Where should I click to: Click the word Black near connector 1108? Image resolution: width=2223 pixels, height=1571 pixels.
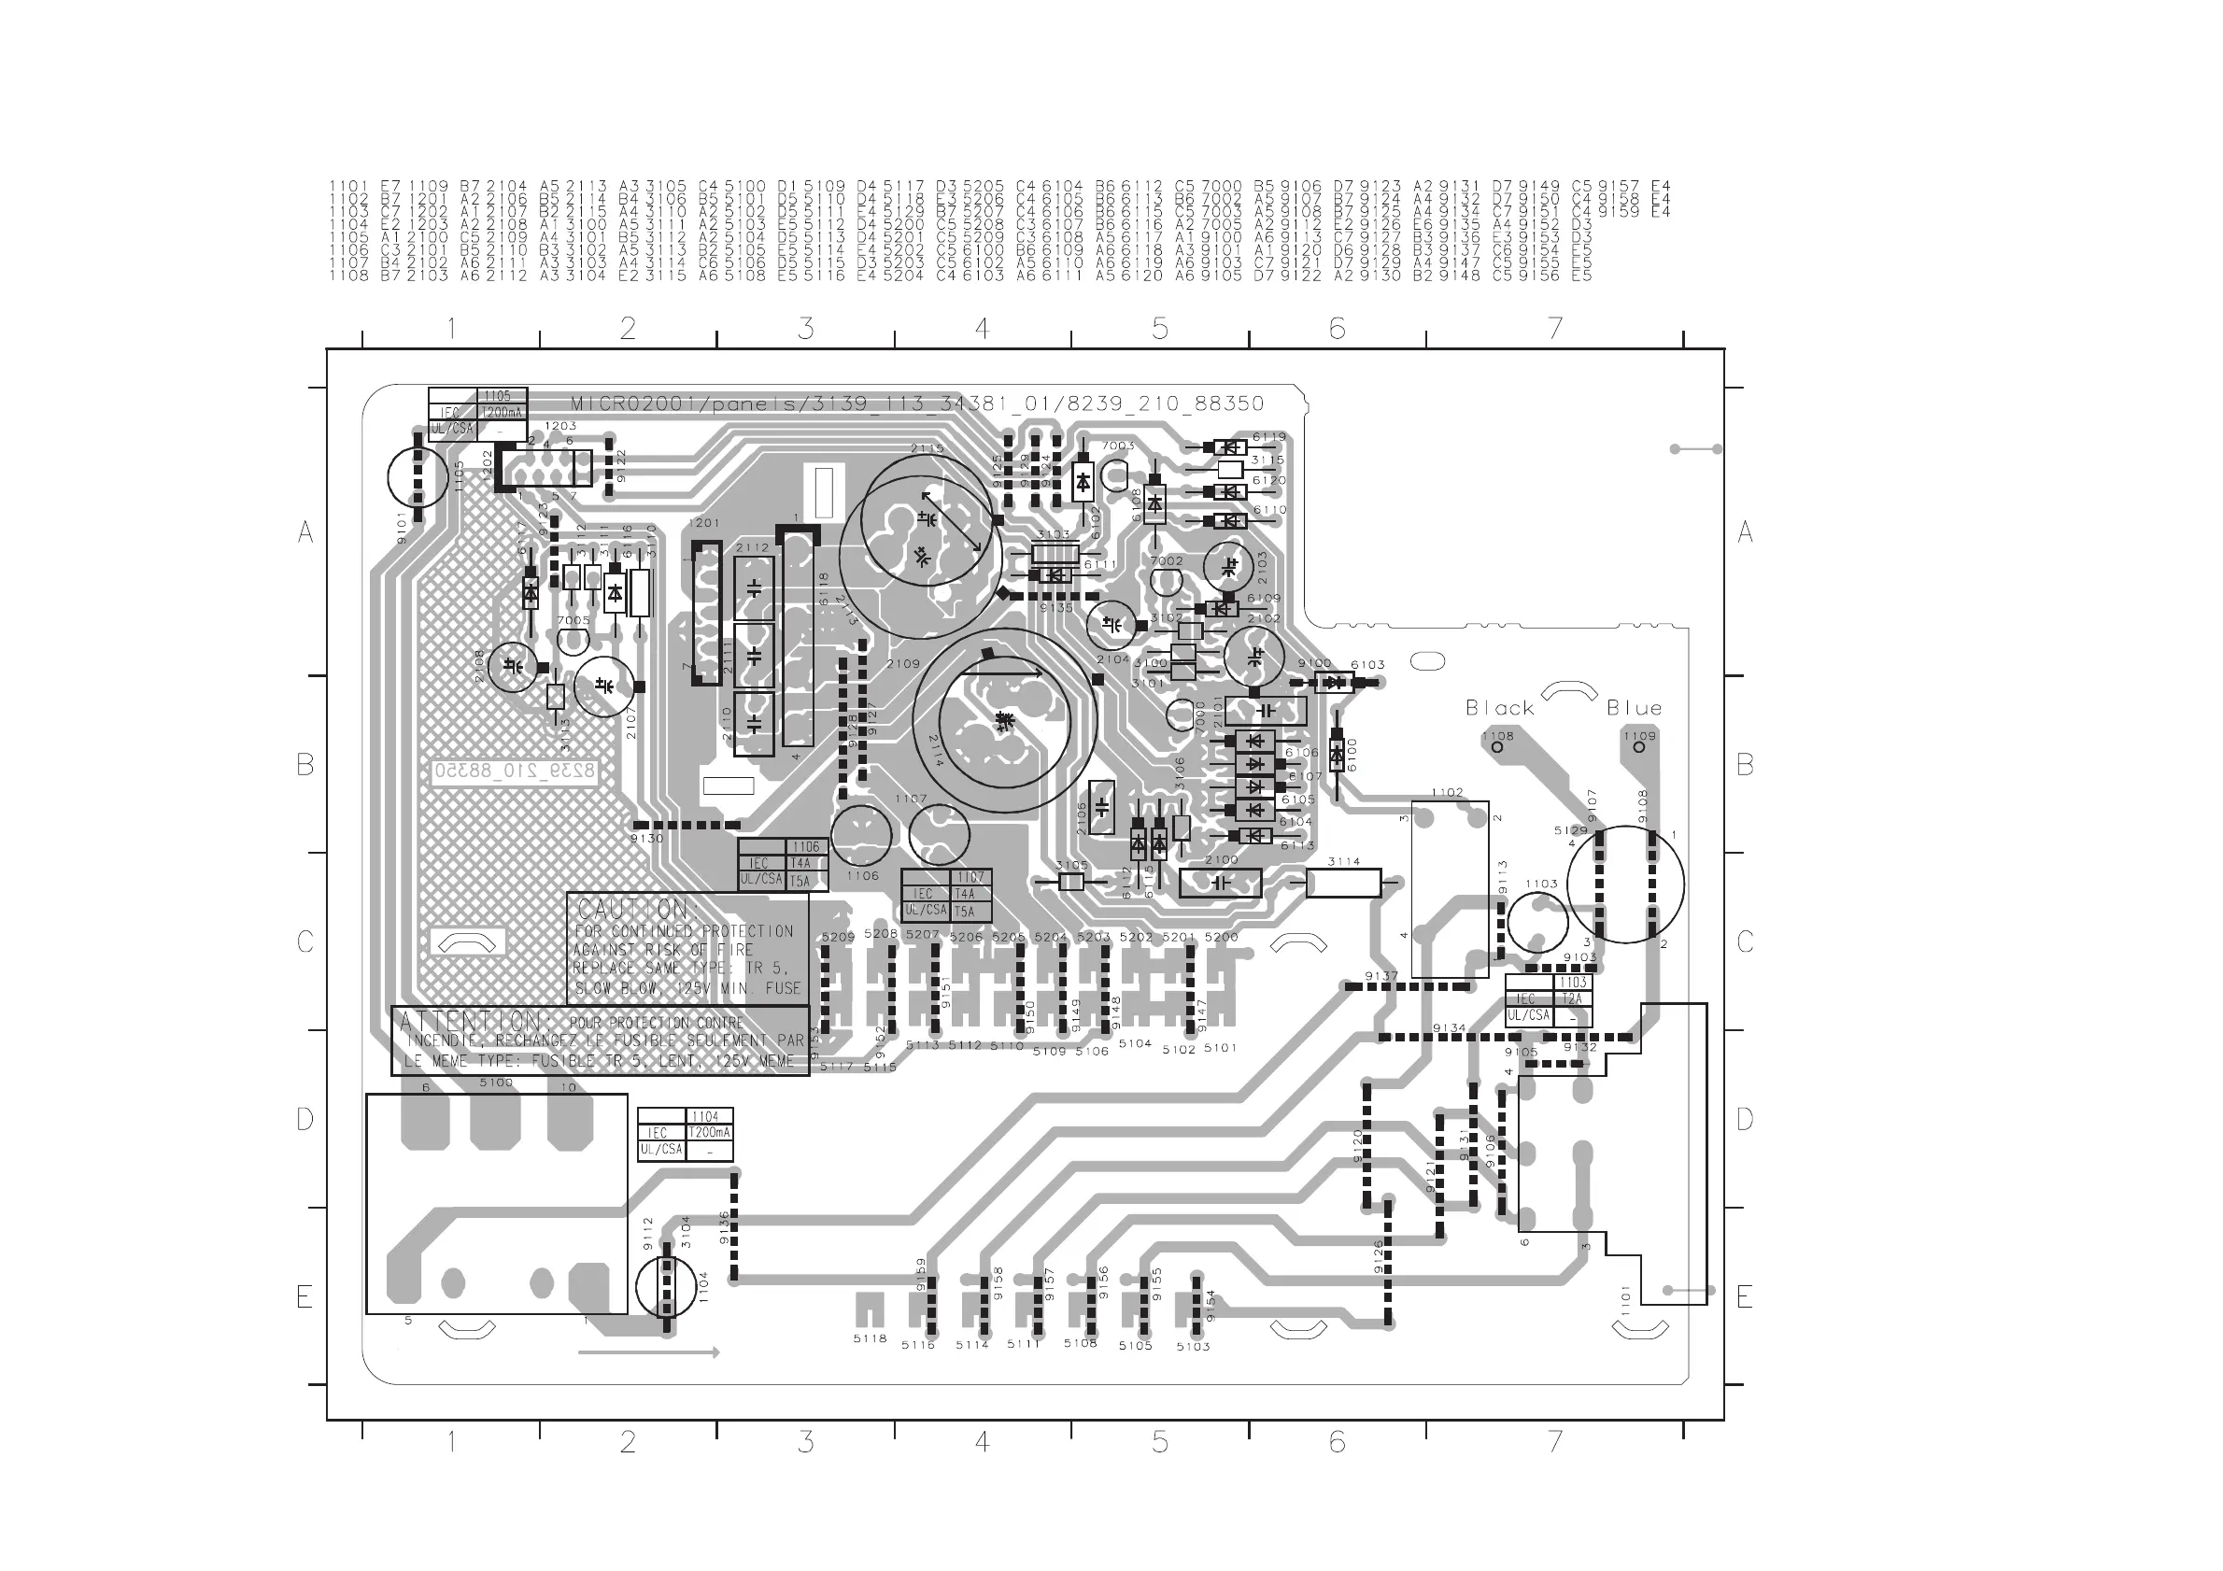1500,709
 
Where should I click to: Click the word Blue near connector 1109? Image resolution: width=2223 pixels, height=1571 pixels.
1635,709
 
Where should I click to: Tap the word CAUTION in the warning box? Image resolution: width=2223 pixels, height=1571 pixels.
635,910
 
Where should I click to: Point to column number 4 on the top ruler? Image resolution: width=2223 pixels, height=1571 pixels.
982,329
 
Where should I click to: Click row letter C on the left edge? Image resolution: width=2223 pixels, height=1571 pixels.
305,941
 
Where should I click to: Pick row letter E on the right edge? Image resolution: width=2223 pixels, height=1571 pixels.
1744,1297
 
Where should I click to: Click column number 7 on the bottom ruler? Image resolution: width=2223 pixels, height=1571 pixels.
1555,1442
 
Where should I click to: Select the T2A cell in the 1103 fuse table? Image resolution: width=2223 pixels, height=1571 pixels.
1571,999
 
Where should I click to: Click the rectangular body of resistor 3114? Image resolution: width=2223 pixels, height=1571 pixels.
1343,883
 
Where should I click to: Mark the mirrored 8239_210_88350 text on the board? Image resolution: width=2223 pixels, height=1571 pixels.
515,771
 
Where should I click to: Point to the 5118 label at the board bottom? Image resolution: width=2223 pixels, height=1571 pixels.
870,1338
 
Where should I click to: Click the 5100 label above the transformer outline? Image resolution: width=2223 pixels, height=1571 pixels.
496,1083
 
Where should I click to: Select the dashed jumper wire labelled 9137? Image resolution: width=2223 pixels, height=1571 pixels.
1409,986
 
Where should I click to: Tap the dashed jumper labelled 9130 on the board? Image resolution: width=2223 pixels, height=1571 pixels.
685,826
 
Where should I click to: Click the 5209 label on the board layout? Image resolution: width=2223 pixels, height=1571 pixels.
838,937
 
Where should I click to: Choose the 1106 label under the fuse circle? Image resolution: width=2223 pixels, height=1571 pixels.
862,876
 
